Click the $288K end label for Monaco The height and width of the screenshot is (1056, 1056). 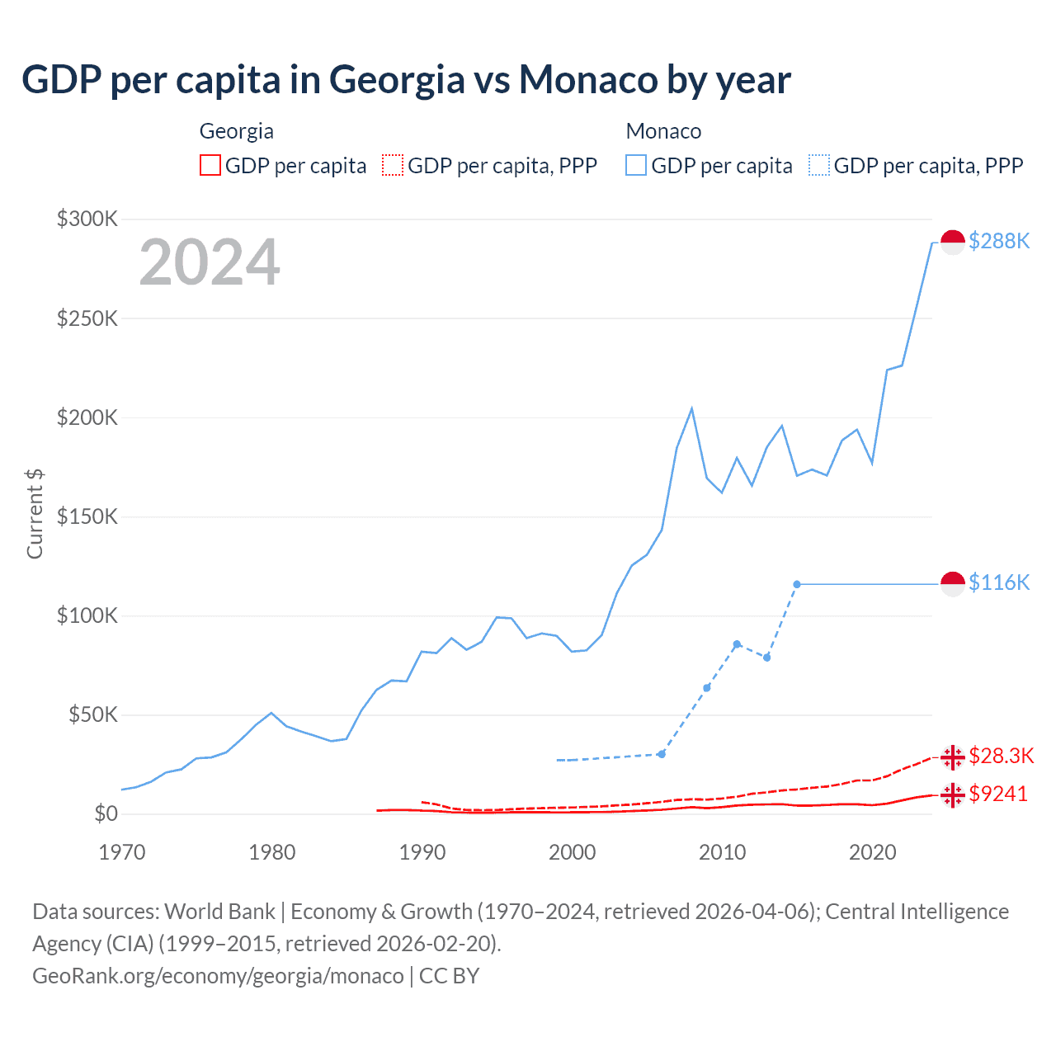999,241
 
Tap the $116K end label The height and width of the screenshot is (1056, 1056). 999,582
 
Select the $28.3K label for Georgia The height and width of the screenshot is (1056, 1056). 1001,756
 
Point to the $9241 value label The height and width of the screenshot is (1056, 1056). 998,794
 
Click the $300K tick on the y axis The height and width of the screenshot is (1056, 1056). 87,219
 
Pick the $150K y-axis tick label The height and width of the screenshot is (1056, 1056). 87,516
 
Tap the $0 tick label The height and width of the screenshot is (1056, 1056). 106,813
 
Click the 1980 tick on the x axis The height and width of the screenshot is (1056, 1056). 271,852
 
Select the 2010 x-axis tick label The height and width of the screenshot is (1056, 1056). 722,852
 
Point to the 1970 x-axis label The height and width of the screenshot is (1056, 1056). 122,852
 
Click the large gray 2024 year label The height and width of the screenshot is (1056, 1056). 210,262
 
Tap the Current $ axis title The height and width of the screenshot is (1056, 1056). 35,513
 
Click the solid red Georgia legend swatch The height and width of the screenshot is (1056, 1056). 210,165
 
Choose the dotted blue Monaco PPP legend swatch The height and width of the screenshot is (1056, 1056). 819,165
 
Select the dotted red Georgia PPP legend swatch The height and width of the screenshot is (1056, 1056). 393,165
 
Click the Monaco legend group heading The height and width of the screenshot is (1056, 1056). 663,131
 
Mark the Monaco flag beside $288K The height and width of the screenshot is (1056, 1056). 953,242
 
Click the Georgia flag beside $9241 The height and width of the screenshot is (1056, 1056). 953,794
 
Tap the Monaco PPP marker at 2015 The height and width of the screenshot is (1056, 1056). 797,584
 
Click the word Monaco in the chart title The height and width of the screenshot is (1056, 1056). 587,80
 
